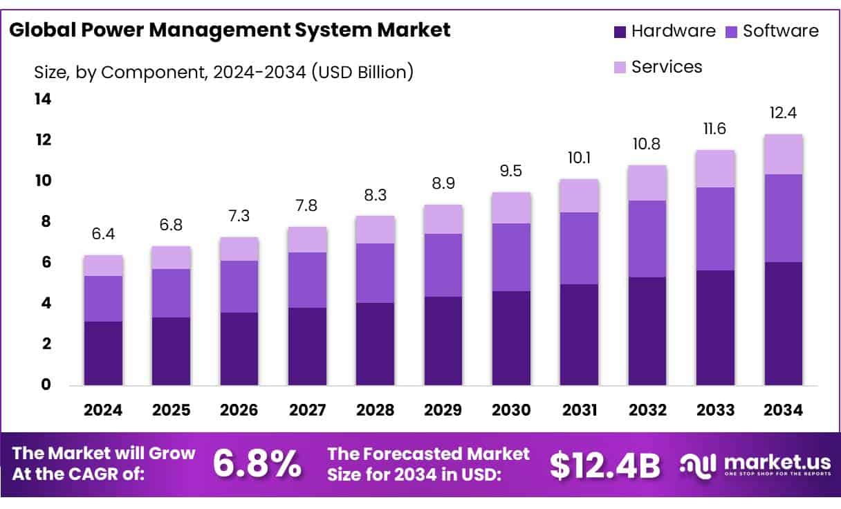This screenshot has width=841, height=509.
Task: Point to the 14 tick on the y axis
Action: (x=43, y=100)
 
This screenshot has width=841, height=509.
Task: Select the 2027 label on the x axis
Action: (x=307, y=410)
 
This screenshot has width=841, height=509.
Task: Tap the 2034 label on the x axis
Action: (x=784, y=410)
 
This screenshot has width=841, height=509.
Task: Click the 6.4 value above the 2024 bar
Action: (x=103, y=234)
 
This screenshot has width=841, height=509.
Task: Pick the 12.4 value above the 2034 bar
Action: (x=784, y=113)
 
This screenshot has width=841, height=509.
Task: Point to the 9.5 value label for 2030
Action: (x=511, y=171)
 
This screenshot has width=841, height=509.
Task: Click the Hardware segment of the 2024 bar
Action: (x=103, y=353)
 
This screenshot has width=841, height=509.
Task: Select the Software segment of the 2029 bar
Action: (x=443, y=266)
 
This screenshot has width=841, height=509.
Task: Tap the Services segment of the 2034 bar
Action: (x=784, y=154)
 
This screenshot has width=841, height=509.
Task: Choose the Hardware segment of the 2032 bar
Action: (x=647, y=331)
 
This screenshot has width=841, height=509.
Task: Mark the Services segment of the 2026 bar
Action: (x=239, y=249)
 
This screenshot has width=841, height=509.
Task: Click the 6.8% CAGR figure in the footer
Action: (x=257, y=465)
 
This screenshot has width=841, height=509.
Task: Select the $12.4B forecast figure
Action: (x=605, y=465)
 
